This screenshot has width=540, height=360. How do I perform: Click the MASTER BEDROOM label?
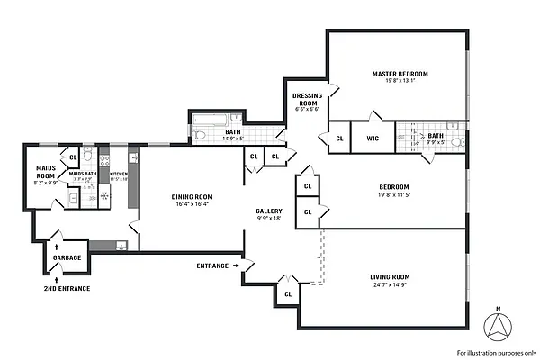tap(400, 73)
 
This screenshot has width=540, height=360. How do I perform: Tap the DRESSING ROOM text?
tap(308, 99)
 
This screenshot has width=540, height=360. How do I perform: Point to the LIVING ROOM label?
tap(390, 276)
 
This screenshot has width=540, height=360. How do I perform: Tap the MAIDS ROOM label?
tap(46, 171)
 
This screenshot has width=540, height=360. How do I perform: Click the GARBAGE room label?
tap(67, 257)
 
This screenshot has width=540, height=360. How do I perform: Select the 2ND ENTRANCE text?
tap(67, 290)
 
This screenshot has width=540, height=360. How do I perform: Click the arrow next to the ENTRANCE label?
tap(236, 265)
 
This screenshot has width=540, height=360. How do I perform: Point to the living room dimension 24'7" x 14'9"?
tap(390, 285)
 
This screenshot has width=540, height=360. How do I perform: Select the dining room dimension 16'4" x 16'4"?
tap(191, 204)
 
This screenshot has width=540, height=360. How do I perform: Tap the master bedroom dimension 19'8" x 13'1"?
tap(400, 82)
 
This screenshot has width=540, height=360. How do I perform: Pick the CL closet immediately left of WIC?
tap(339, 139)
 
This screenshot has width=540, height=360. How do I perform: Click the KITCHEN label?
tap(119, 174)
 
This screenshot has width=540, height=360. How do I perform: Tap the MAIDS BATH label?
tap(83, 174)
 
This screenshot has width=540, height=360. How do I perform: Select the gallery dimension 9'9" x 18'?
tap(269, 218)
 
